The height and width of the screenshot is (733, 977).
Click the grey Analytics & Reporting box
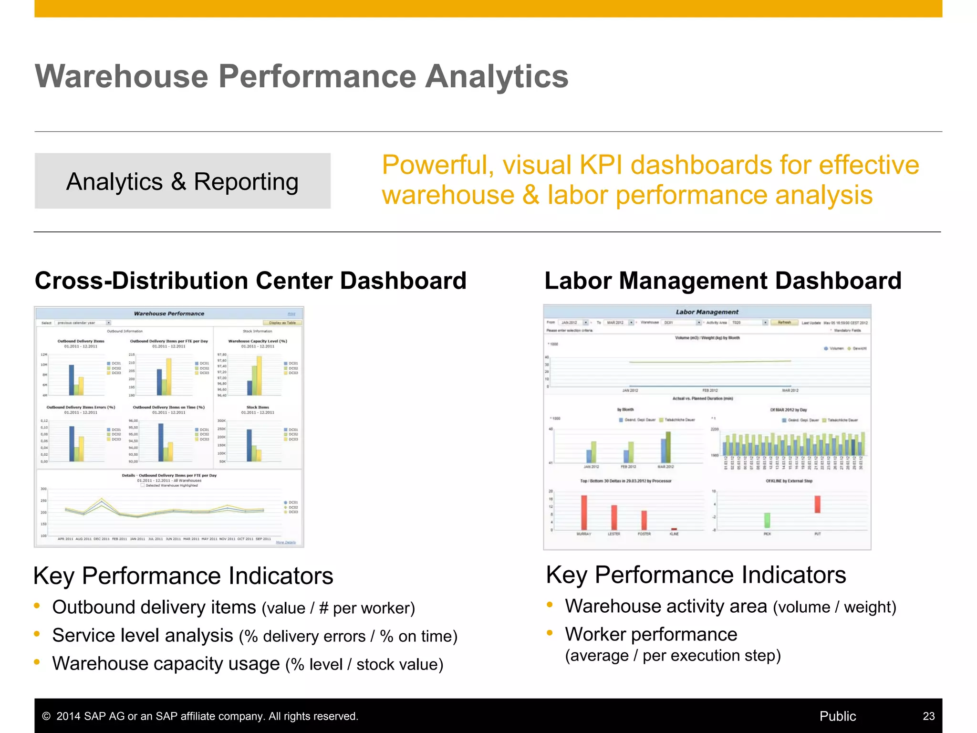pos(182,181)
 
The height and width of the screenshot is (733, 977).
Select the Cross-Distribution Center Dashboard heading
pos(250,281)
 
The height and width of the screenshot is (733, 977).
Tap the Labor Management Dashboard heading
pos(723,281)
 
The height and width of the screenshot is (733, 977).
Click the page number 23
pos(928,716)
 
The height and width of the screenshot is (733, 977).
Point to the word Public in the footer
pos(837,716)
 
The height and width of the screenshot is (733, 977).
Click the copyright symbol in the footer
pos(46,716)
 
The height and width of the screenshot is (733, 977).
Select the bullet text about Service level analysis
pos(254,636)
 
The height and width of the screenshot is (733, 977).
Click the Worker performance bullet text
pos(651,634)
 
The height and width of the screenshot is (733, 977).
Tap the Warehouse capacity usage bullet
pos(247,664)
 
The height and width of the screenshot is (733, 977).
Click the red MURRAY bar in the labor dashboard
pos(584,513)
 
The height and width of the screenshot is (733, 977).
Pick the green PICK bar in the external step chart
pos(767,520)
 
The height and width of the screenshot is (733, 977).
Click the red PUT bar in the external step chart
pos(817,504)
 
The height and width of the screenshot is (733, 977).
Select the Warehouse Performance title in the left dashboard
pos(169,314)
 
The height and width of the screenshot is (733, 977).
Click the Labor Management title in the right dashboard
pos(707,312)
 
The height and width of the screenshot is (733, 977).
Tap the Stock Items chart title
pos(258,408)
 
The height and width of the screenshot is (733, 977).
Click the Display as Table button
pos(282,323)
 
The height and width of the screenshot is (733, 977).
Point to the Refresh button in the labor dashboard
pos(784,323)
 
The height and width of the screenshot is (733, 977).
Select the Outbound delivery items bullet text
pos(233,607)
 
